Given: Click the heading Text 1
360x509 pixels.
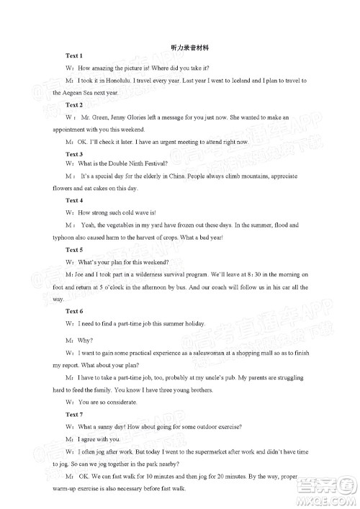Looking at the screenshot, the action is pos(74,55).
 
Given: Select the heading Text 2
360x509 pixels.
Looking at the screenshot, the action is pos(74,105).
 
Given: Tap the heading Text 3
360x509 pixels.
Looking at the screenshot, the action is pos(74,154).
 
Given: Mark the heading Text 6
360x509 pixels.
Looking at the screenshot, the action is pos(74,310).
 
